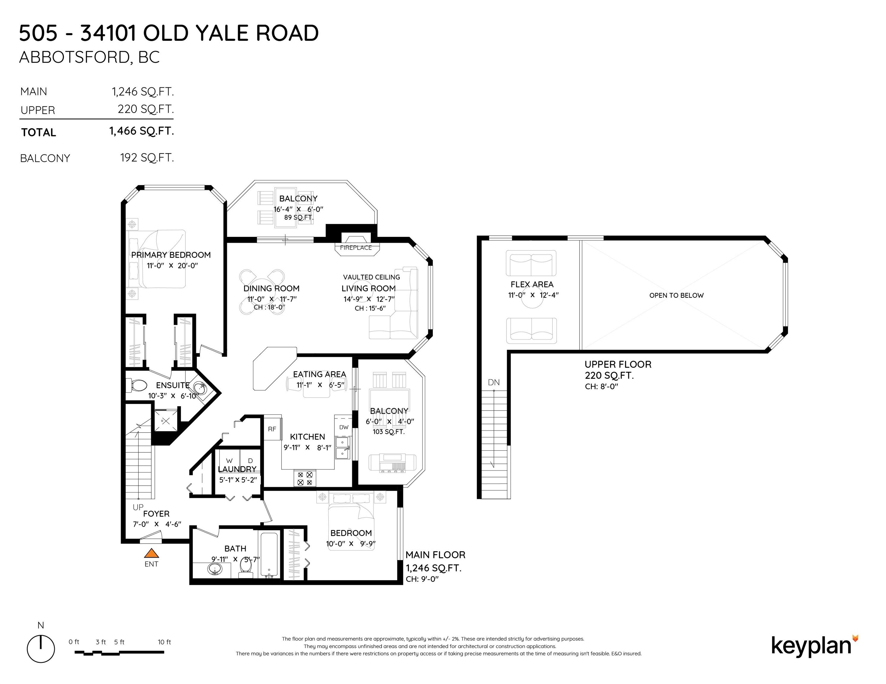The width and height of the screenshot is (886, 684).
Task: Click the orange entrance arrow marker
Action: coord(151,553)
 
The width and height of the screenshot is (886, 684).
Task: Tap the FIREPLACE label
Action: coord(356,248)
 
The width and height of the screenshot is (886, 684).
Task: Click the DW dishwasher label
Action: coord(344,427)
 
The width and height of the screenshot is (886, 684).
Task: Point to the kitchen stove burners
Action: coord(305,478)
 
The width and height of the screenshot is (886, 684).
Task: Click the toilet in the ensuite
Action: coord(136,385)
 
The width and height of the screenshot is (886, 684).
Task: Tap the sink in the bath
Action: coord(215,570)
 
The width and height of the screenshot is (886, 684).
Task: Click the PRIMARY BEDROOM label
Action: coord(171,255)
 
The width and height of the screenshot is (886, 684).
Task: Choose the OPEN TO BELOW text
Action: coord(676,295)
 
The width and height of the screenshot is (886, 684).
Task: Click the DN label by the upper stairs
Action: coord(494,382)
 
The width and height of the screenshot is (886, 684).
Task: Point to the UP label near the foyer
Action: coord(138,507)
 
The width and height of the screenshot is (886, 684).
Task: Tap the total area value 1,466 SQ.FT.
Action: coord(141,131)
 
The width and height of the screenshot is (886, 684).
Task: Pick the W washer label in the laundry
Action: coord(229,461)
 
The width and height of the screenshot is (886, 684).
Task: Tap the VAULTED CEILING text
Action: coord(371,277)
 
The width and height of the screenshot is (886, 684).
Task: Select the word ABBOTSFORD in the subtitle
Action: coord(74,58)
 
